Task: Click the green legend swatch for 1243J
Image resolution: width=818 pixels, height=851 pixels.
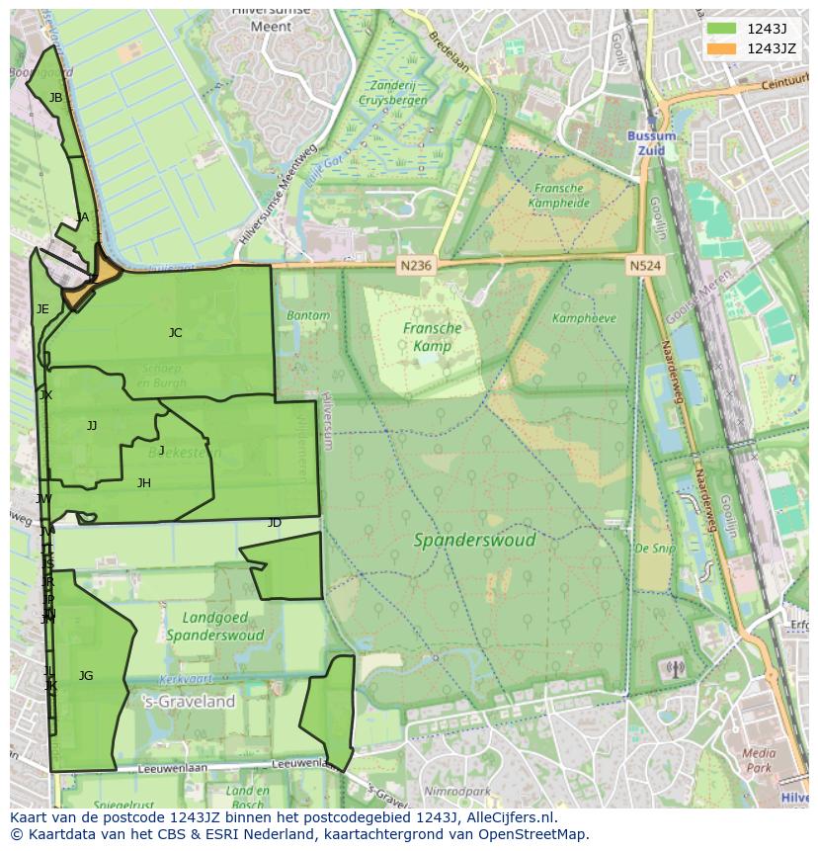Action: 720,29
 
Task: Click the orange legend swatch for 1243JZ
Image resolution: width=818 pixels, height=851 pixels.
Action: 720,48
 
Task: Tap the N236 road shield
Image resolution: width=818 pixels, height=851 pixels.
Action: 416,266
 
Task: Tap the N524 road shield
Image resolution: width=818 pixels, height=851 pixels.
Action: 644,266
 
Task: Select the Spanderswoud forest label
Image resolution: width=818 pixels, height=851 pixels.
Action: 474,541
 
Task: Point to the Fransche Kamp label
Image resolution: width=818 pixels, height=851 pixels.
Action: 432,337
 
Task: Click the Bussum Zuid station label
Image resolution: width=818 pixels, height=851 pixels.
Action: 652,142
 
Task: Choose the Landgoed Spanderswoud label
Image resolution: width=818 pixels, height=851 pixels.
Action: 214,627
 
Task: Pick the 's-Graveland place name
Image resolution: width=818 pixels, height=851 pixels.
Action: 189,702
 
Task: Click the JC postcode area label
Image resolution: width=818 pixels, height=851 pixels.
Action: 175,333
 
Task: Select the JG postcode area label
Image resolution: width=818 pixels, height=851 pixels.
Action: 86,676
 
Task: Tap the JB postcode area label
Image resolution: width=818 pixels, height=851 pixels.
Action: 55,98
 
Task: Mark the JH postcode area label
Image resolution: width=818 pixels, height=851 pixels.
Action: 144,483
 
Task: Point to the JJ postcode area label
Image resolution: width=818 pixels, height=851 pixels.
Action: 92,426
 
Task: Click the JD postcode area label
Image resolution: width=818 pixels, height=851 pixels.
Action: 274,523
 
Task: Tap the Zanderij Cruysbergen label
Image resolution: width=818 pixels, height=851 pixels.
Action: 393,93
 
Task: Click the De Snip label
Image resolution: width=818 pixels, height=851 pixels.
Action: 654,549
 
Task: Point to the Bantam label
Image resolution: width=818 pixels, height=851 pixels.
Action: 308,316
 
